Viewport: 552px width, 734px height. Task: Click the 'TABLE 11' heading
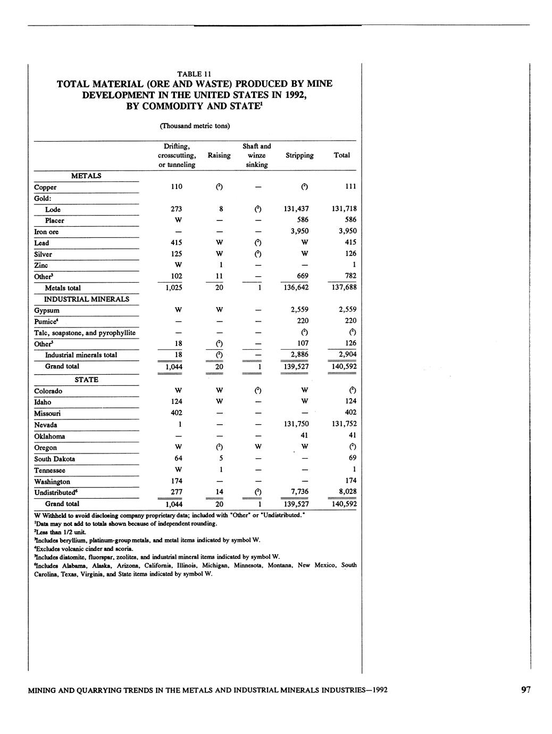(x=195, y=74)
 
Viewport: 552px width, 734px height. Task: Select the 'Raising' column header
(x=219, y=155)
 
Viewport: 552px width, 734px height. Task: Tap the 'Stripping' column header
(x=299, y=155)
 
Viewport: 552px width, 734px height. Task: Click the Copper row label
(x=45, y=187)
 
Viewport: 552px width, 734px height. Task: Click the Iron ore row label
(x=46, y=232)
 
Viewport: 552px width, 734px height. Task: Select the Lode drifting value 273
(x=176, y=209)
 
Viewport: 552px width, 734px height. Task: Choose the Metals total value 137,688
(x=344, y=287)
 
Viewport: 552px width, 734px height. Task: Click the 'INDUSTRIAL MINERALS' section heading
(x=86, y=299)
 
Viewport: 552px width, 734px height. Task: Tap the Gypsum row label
(x=47, y=310)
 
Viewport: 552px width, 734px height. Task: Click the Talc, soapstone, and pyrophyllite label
(x=85, y=333)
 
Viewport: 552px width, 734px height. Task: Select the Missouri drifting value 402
(x=176, y=413)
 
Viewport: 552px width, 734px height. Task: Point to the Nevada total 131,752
(x=344, y=424)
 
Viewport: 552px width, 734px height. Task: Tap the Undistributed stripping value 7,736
(x=300, y=491)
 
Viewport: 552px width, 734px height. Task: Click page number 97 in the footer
(x=525, y=690)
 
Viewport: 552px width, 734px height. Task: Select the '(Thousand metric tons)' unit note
(x=195, y=126)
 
